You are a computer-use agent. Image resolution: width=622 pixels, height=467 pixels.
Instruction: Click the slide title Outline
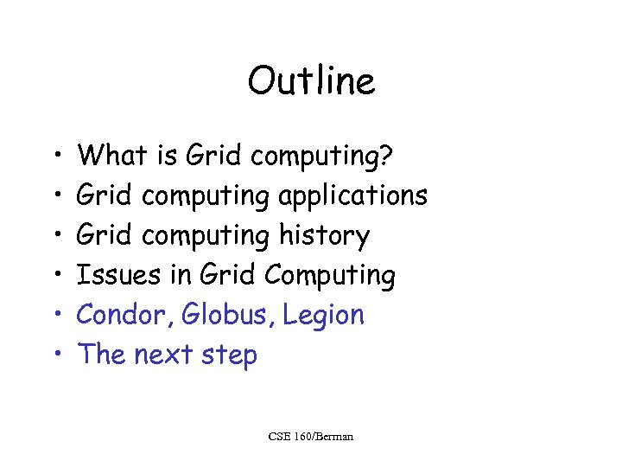(311, 82)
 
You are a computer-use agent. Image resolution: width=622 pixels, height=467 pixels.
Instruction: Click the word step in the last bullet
(228, 355)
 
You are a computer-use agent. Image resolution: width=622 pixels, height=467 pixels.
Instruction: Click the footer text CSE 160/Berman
(311, 437)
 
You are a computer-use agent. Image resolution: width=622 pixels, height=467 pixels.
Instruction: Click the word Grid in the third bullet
(105, 235)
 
